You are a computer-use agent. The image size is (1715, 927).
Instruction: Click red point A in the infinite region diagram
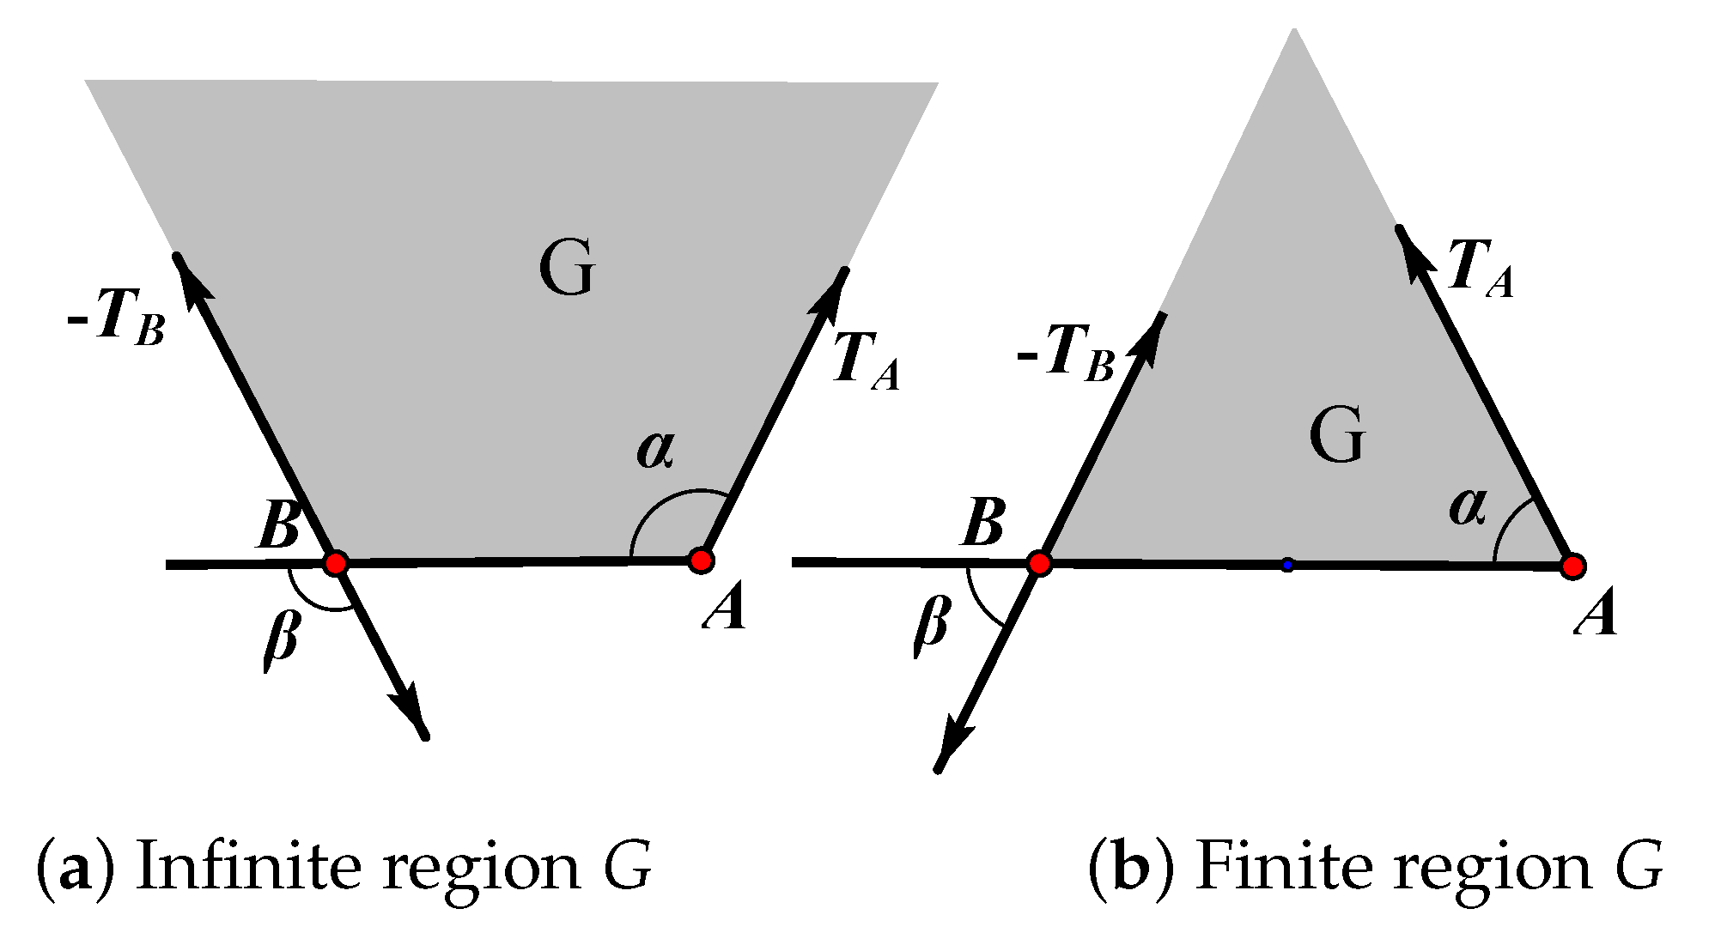[x=701, y=560]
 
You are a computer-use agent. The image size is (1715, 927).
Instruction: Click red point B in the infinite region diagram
[x=335, y=563]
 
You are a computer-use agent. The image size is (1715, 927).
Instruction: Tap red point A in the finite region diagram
[x=1572, y=566]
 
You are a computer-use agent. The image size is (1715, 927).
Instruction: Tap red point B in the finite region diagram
[x=1039, y=564]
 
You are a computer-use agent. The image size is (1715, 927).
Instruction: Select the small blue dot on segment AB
[x=1286, y=565]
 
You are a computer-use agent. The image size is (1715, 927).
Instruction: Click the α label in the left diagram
[x=655, y=450]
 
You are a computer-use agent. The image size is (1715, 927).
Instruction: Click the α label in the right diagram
[x=1468, y=507]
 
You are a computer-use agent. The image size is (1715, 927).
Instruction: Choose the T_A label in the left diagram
[x=866, y=361]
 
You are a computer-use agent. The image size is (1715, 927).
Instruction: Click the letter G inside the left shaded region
[x=567, y=269]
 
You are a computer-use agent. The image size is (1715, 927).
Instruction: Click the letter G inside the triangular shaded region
[x=1337, y=436]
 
